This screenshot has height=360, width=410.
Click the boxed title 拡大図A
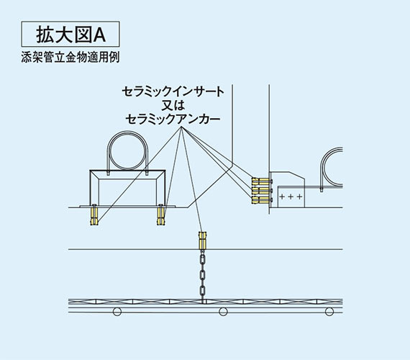[x=70, y=34]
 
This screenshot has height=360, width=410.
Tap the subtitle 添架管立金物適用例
[x=70, y=57]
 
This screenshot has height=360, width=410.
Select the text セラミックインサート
[x=173, y=91]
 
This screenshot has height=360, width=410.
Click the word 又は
[x=173, y=105]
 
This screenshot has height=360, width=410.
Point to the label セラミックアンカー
[x=173, y=119]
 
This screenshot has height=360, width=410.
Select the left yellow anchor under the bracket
[x=94, y=215]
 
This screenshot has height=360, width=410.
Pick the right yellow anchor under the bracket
[x=161, y=215]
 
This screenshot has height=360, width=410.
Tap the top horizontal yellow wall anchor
[x=262, y=181]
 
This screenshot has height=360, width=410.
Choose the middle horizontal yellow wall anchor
[x=262, y=190]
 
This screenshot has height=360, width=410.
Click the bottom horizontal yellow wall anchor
[x=262, y=199]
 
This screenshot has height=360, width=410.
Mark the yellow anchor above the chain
[x=203, y=240]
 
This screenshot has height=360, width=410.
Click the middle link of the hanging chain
[x=201, y=275]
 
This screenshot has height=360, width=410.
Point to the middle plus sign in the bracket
[x=291, y=197]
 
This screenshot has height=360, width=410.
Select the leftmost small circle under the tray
[x=117, y=312]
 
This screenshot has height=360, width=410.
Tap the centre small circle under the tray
[x=223, y=312]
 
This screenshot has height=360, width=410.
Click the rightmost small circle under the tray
[x=329, y=312]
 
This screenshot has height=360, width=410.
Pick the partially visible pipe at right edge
[x=323, y=168]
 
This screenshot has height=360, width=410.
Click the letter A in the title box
[x=99, y=35]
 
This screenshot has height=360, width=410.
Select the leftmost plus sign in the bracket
[x=282, y=197]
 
